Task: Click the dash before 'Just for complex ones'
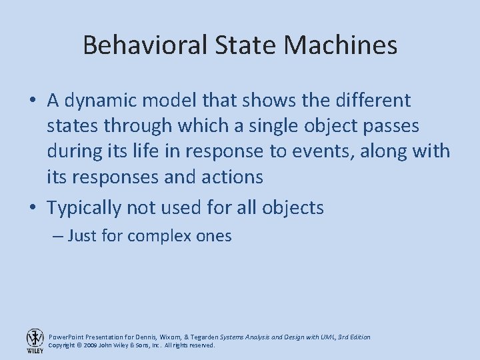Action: (x=57, y=236)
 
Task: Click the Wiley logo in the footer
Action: (x=35, y=341)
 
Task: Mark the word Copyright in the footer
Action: (x=63, y=346)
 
